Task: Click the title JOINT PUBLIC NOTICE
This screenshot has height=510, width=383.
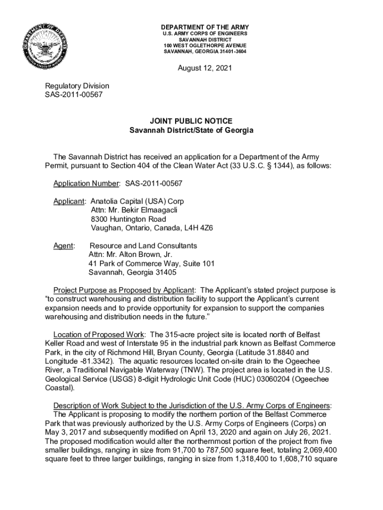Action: pos(191,121)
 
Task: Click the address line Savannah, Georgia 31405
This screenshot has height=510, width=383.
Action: pos(132,272)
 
